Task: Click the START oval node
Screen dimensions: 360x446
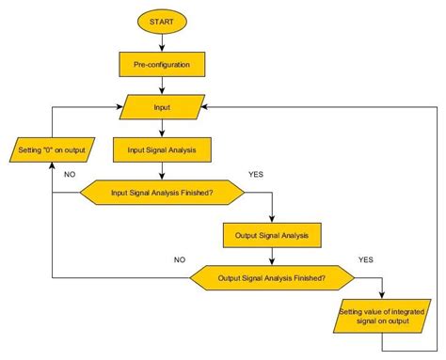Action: (162, 20)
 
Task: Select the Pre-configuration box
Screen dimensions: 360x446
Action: (162, 64)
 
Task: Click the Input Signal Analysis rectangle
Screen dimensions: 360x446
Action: (162, 149)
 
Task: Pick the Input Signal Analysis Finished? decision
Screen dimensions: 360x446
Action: (162, 193)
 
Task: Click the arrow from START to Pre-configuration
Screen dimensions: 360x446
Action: (162, 41)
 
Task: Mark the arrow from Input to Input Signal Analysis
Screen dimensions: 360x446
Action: (162, 128)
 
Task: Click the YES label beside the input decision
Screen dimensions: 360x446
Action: (256, 175)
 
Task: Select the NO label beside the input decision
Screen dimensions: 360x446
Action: (69, 175)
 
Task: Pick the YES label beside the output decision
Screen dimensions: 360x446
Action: (366, 259)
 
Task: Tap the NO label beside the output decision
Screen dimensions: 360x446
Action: (180, 259)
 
